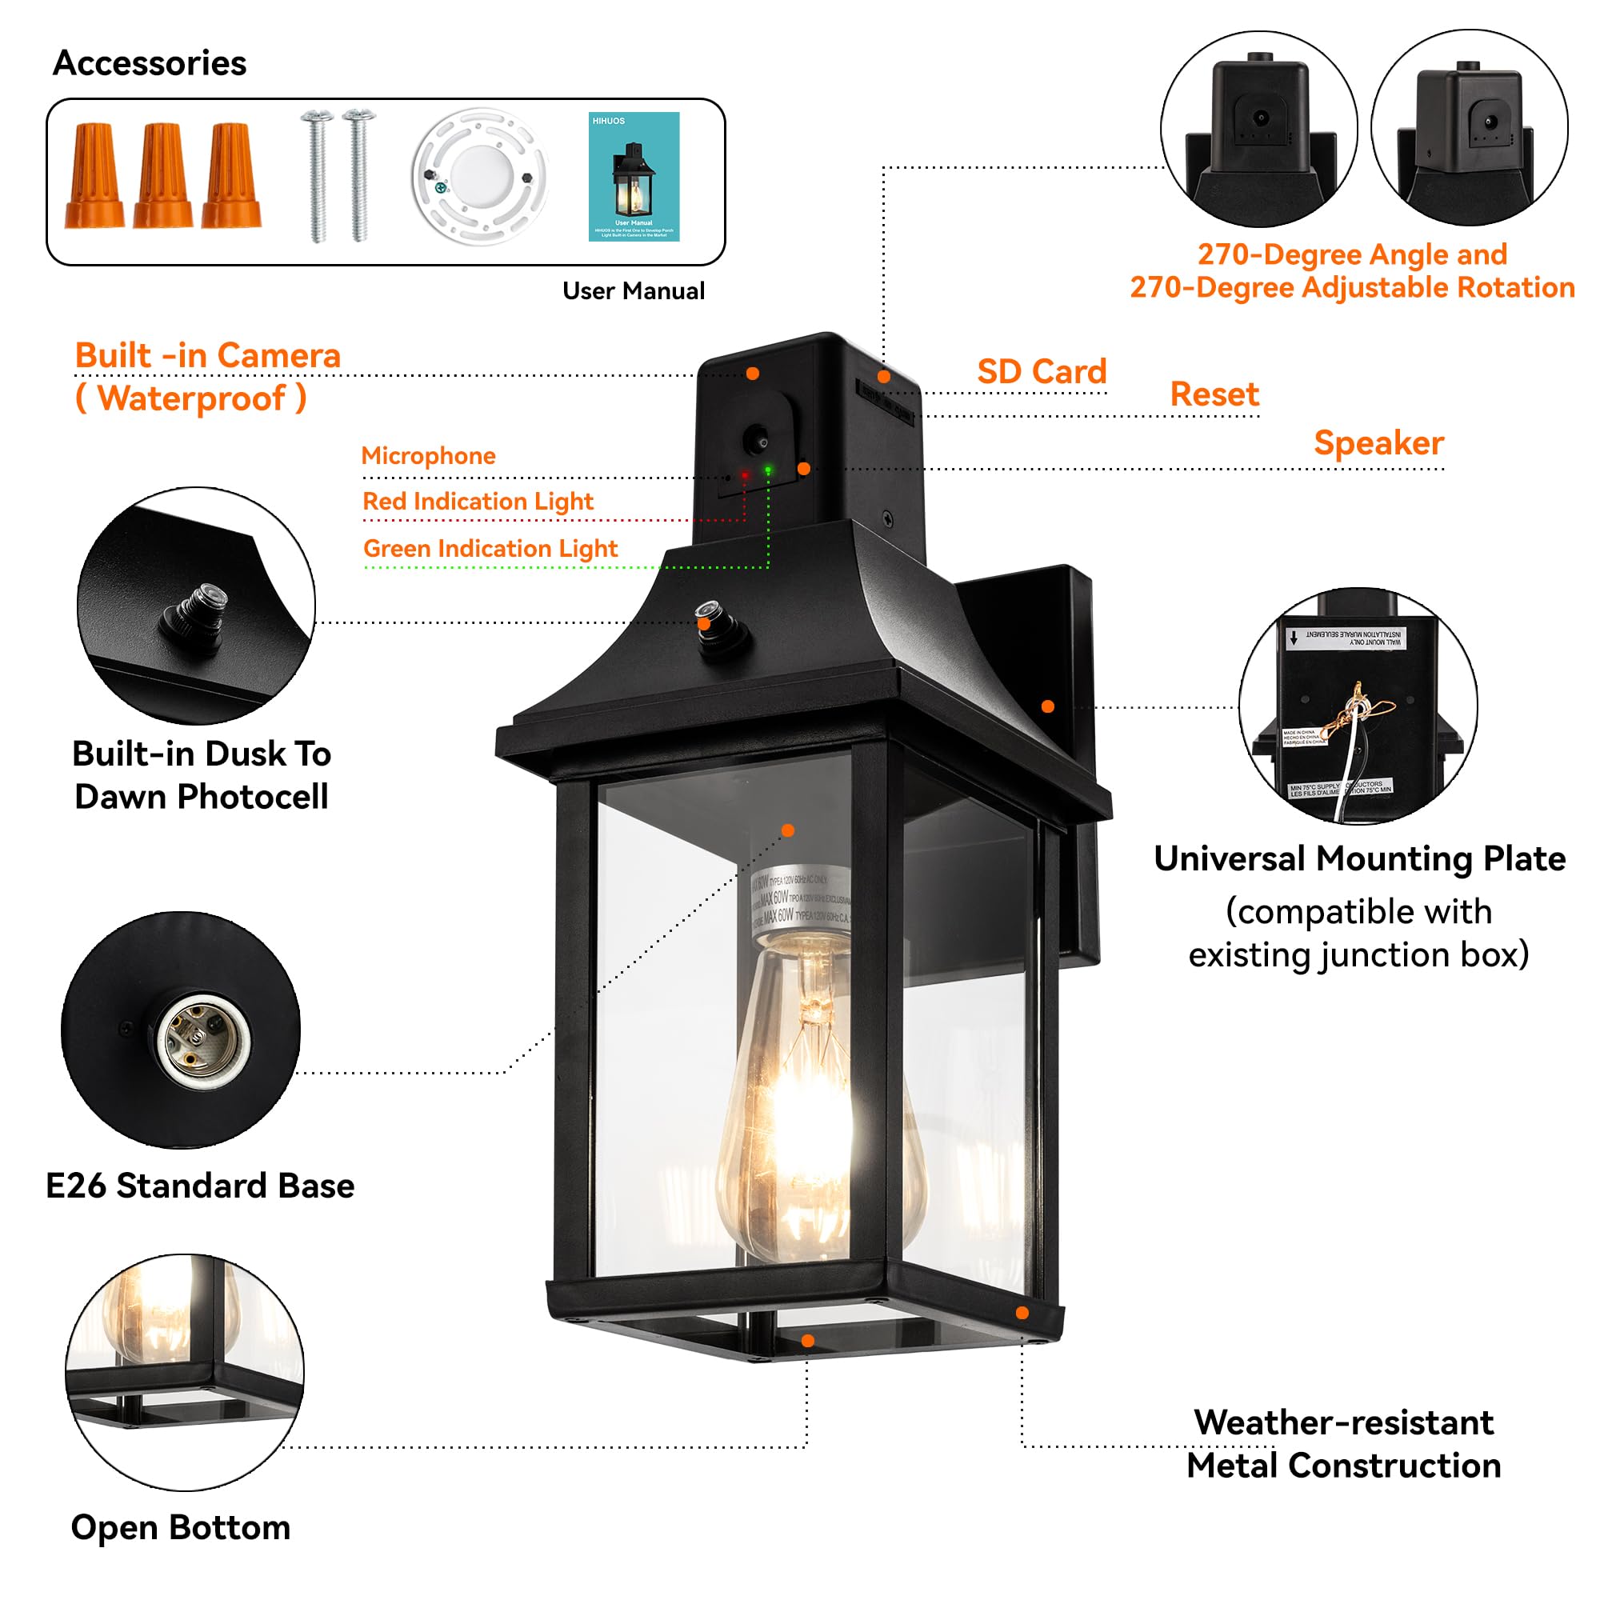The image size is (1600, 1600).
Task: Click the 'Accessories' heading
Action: pyautogui.click(x=149, y=63)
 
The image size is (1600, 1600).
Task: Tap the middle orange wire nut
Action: pyautogui.click(x=163, y=175)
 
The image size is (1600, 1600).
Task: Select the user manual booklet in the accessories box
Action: pyautogui.click(x=634, y=176)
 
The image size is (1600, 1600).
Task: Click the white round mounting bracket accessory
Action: pyautogui.click(x=478, y=175)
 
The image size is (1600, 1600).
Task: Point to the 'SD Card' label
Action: pyautogui.click(x=1041, y=371)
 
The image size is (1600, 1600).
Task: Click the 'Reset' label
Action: pyautogui.click(x=1214, y=394)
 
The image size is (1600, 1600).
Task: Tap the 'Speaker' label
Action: pyautogui.click(x=1378, y=442)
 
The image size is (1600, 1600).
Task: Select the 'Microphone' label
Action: pyautogui.click(x=428, y=455)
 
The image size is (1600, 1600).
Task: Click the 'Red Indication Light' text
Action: pyautogui.click(x=478, y=501)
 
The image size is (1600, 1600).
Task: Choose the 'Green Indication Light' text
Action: pyautogui.click(x=490, y=548)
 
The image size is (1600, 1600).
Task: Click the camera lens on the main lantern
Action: pyautogui.click(x=755, y=438)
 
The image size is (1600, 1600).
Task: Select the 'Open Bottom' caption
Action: pyautogui.click(x=181, y=1527)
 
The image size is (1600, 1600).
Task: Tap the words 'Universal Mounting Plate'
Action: pyautogui.click(x=1359, y=858)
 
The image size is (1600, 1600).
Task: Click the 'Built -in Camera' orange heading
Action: pyautogui.click(x=208, y=355)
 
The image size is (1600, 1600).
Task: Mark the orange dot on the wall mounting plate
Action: pyautogui.click(x=1048, y=706)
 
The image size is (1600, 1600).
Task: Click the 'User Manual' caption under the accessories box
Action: pyautogui.click(x=634, y=290)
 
